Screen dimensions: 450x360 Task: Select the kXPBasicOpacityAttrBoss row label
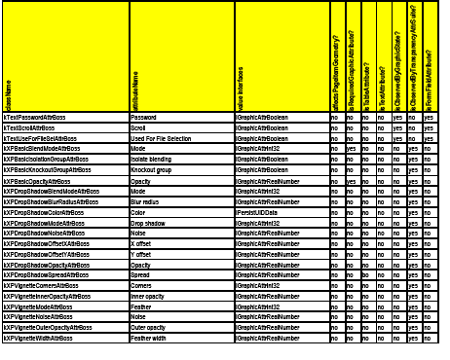pyautogui.click(x=38, y=182)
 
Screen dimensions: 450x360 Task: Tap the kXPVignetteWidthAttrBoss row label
pyautogui.click(x=43, y=340)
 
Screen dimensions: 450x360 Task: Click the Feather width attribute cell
pyautogui.click(x=152, y=340)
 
